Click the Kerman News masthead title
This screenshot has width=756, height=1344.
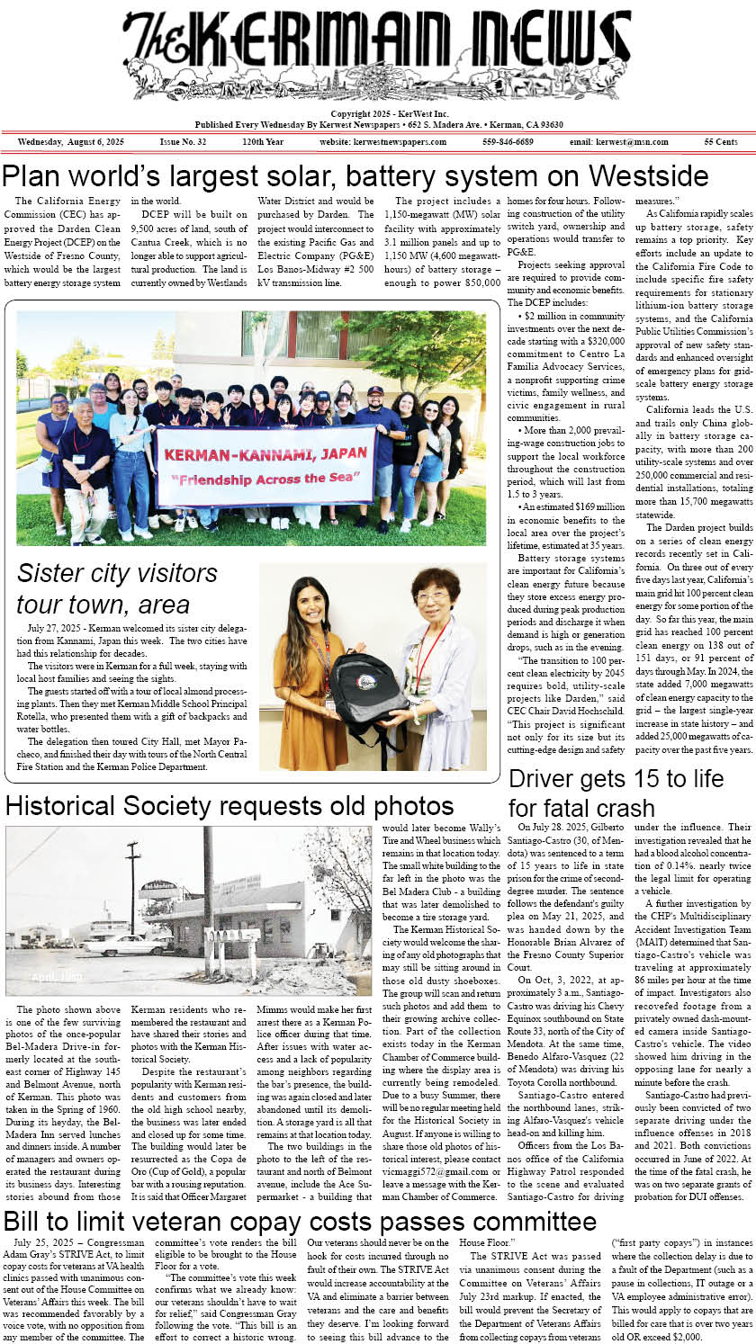click(378, 54)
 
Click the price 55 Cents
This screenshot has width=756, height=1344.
click(721, 142)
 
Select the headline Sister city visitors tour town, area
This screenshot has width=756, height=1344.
click(117, 587)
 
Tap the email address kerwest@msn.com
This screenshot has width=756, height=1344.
click(618, 142)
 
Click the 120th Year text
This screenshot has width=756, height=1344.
click(263, 142)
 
